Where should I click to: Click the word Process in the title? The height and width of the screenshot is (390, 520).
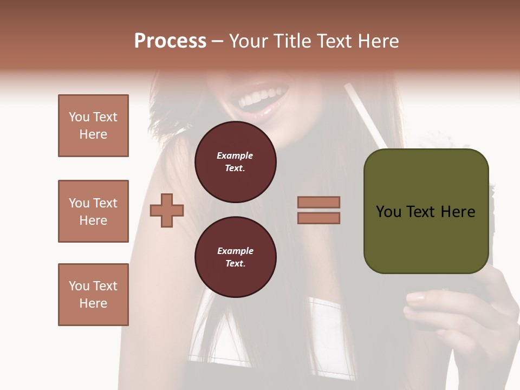pos(170,41)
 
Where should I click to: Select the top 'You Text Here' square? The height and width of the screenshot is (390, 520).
pos(93,126)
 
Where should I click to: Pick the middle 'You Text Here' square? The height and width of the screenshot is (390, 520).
pos(93,211)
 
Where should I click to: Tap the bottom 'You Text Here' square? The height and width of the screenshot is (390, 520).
pos(93,295)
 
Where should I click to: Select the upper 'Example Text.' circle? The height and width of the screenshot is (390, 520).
pos(235,162)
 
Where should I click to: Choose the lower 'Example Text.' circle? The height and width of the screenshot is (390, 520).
pos(235,257)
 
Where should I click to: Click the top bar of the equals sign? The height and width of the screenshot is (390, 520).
pos(318,202)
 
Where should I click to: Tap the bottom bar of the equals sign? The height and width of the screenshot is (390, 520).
pos(318,218)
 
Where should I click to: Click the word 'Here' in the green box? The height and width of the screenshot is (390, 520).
pos(458,212)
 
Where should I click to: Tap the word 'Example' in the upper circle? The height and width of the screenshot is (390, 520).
pos(235,155)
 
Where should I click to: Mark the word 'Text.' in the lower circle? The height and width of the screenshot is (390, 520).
pos(235,264)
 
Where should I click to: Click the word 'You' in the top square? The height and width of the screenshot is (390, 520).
pos(79,117)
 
